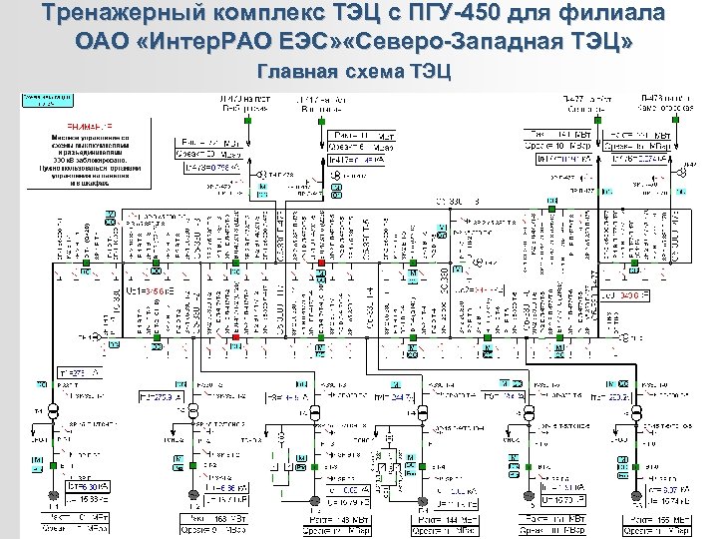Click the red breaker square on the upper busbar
click(321, 264)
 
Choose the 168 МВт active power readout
click(205, 518)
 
